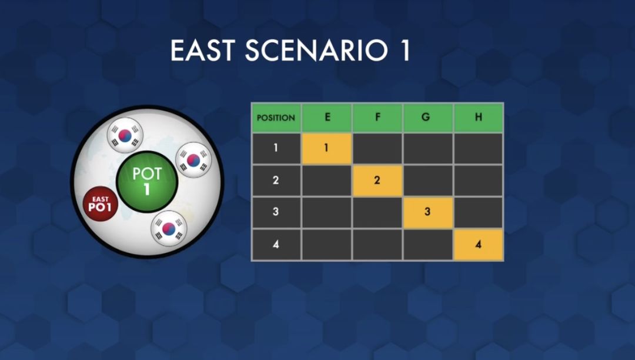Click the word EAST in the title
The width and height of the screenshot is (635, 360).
[203, 50]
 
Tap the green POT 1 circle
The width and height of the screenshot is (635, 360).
[147, 181]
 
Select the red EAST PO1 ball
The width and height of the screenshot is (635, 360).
[100, 204]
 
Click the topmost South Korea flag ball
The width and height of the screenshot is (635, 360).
[125, 135]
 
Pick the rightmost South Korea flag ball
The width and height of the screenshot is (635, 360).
[193, 160]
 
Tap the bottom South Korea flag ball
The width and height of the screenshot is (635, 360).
[169, 228]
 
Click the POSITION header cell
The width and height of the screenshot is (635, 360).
[276, 118]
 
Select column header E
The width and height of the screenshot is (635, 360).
[327, 118]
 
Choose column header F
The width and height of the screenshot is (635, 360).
[377, 118]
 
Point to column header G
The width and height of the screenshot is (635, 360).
[428, 118]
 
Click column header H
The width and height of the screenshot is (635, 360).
[478, 118]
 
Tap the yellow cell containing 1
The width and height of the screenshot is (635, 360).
[327, 148]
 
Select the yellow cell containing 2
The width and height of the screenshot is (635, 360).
[377, 181]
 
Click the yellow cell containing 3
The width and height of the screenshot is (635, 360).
[428, 212]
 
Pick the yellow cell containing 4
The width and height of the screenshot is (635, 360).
[478, 245]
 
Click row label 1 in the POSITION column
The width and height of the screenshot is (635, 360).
[276, 148]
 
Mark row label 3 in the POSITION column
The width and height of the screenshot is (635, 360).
[276, 212]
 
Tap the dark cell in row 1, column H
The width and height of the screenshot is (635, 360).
[478, 148]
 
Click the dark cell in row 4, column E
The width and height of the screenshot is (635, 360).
[327, 245]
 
